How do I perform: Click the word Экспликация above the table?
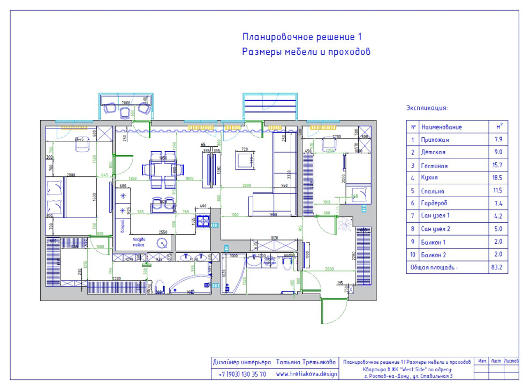point(427,108)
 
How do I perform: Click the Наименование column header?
point(441,127)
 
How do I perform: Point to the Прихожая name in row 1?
point(435,140)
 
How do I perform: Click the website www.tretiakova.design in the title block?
point(307,374)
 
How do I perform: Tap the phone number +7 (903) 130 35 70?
point(243,374)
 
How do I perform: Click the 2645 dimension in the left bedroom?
point(81,139)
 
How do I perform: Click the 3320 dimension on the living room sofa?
point(287,174)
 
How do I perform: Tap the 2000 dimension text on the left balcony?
point(125,102)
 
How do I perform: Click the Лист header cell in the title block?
point(496,362)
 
